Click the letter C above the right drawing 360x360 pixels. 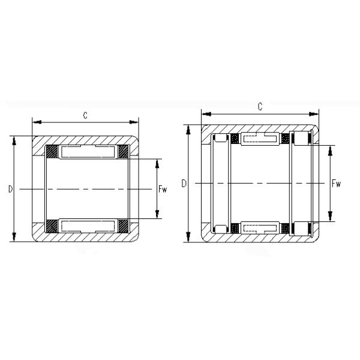click(x=260, y=107)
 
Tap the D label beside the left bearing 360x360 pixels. click(x=10, y=190)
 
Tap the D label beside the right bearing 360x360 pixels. click(x=184, y=183)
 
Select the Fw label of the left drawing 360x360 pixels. click(x=162, y=190)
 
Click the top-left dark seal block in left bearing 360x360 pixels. click(x=52, y=152)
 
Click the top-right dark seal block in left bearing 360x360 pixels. click(x=124, y=152)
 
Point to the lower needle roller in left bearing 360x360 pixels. click(x=88, y=226)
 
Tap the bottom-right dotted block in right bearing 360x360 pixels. click(x=286, y=227)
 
